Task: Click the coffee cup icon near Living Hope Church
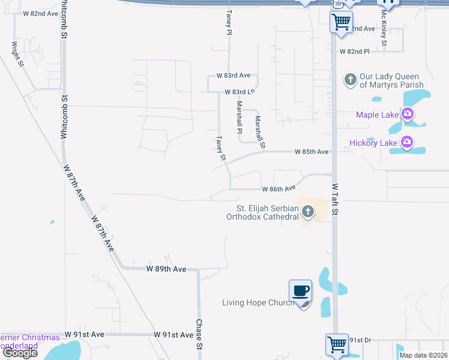click(300, 291)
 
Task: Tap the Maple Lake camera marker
click(408, 114)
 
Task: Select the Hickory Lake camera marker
click(407, 142)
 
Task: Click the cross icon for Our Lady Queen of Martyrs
click(351, 79)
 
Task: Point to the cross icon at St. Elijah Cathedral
click(308, 211)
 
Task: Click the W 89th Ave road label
click(166, 269)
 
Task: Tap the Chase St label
click(199, 334)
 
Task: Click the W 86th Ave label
click(279, 189)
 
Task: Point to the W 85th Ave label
click(312, 152)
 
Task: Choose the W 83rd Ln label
click(240, 92)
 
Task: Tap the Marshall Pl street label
click(239, 116)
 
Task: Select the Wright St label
click(16, 53)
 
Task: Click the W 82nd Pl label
click(354, 52)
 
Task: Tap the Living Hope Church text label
click(259, 302)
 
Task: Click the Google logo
click(20, 353)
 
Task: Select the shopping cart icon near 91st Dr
click(337, 344)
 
